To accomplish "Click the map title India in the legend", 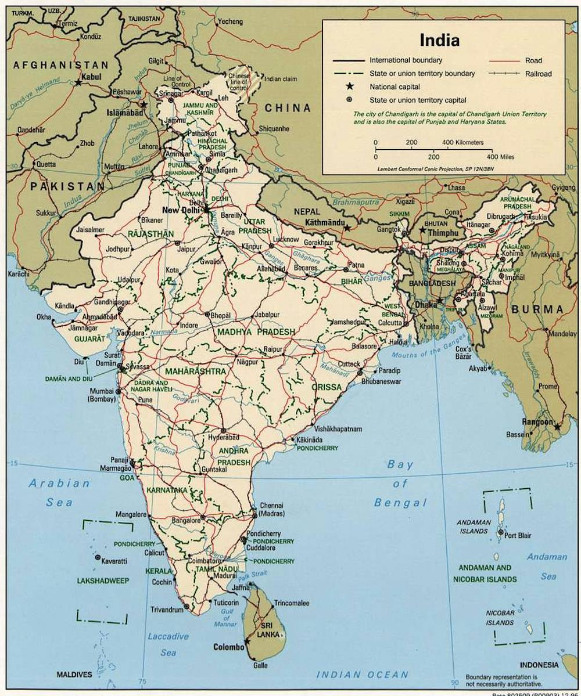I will (x=440, y=41).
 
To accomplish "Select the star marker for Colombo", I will (x=248, y=642).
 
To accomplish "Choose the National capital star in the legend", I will (x=350, y=86).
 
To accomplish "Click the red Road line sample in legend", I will (x=504, y=60).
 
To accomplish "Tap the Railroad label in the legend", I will (x=539, y=74).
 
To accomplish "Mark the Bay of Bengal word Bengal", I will (x=400, y=503).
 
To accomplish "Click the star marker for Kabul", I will (x=78, y=83).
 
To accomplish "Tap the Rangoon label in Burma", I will (x=537, y=422).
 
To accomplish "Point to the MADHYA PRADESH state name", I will (x=256, y=332).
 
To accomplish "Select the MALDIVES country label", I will (x=74, y=675).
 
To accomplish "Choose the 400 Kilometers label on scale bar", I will (x=463, y=142).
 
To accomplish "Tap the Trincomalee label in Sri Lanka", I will (x=292, y=603).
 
